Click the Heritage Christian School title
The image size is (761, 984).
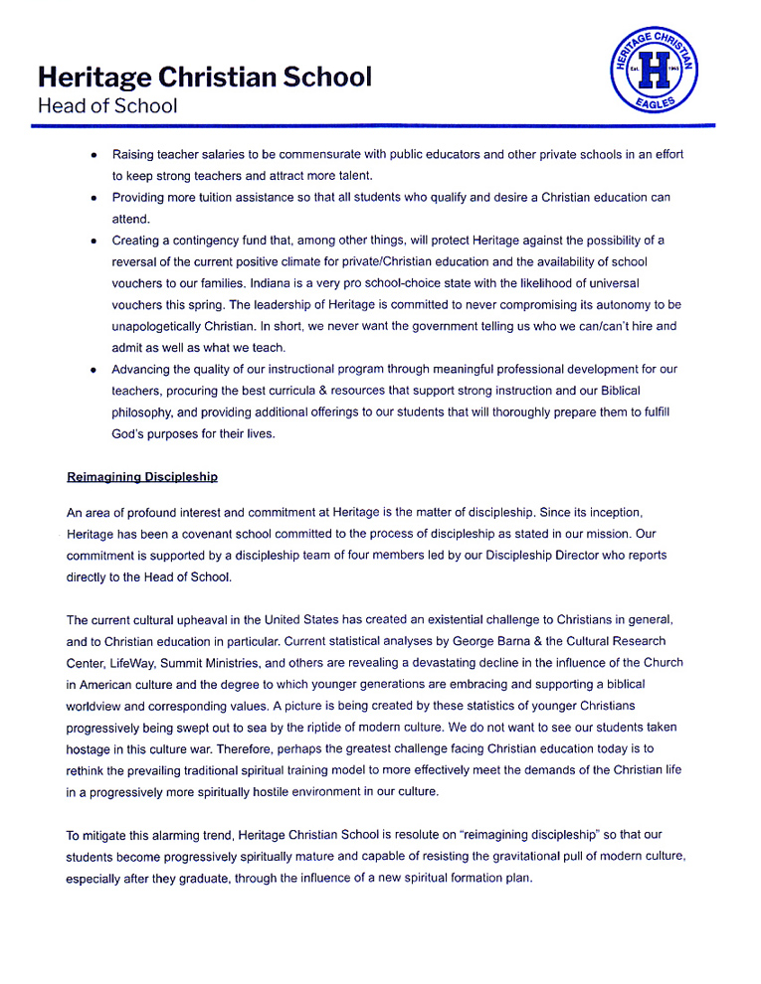[x=204, y=77]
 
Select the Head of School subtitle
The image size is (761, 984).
[x=107, y=106]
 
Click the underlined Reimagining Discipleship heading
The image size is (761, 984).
[x=142, y=477]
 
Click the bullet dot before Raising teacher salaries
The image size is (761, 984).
[x=93, y=155]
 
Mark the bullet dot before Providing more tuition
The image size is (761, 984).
[x=93, y=198]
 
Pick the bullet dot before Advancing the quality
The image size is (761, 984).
[x=93, y=370]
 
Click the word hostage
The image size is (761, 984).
[x=93, y=749]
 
